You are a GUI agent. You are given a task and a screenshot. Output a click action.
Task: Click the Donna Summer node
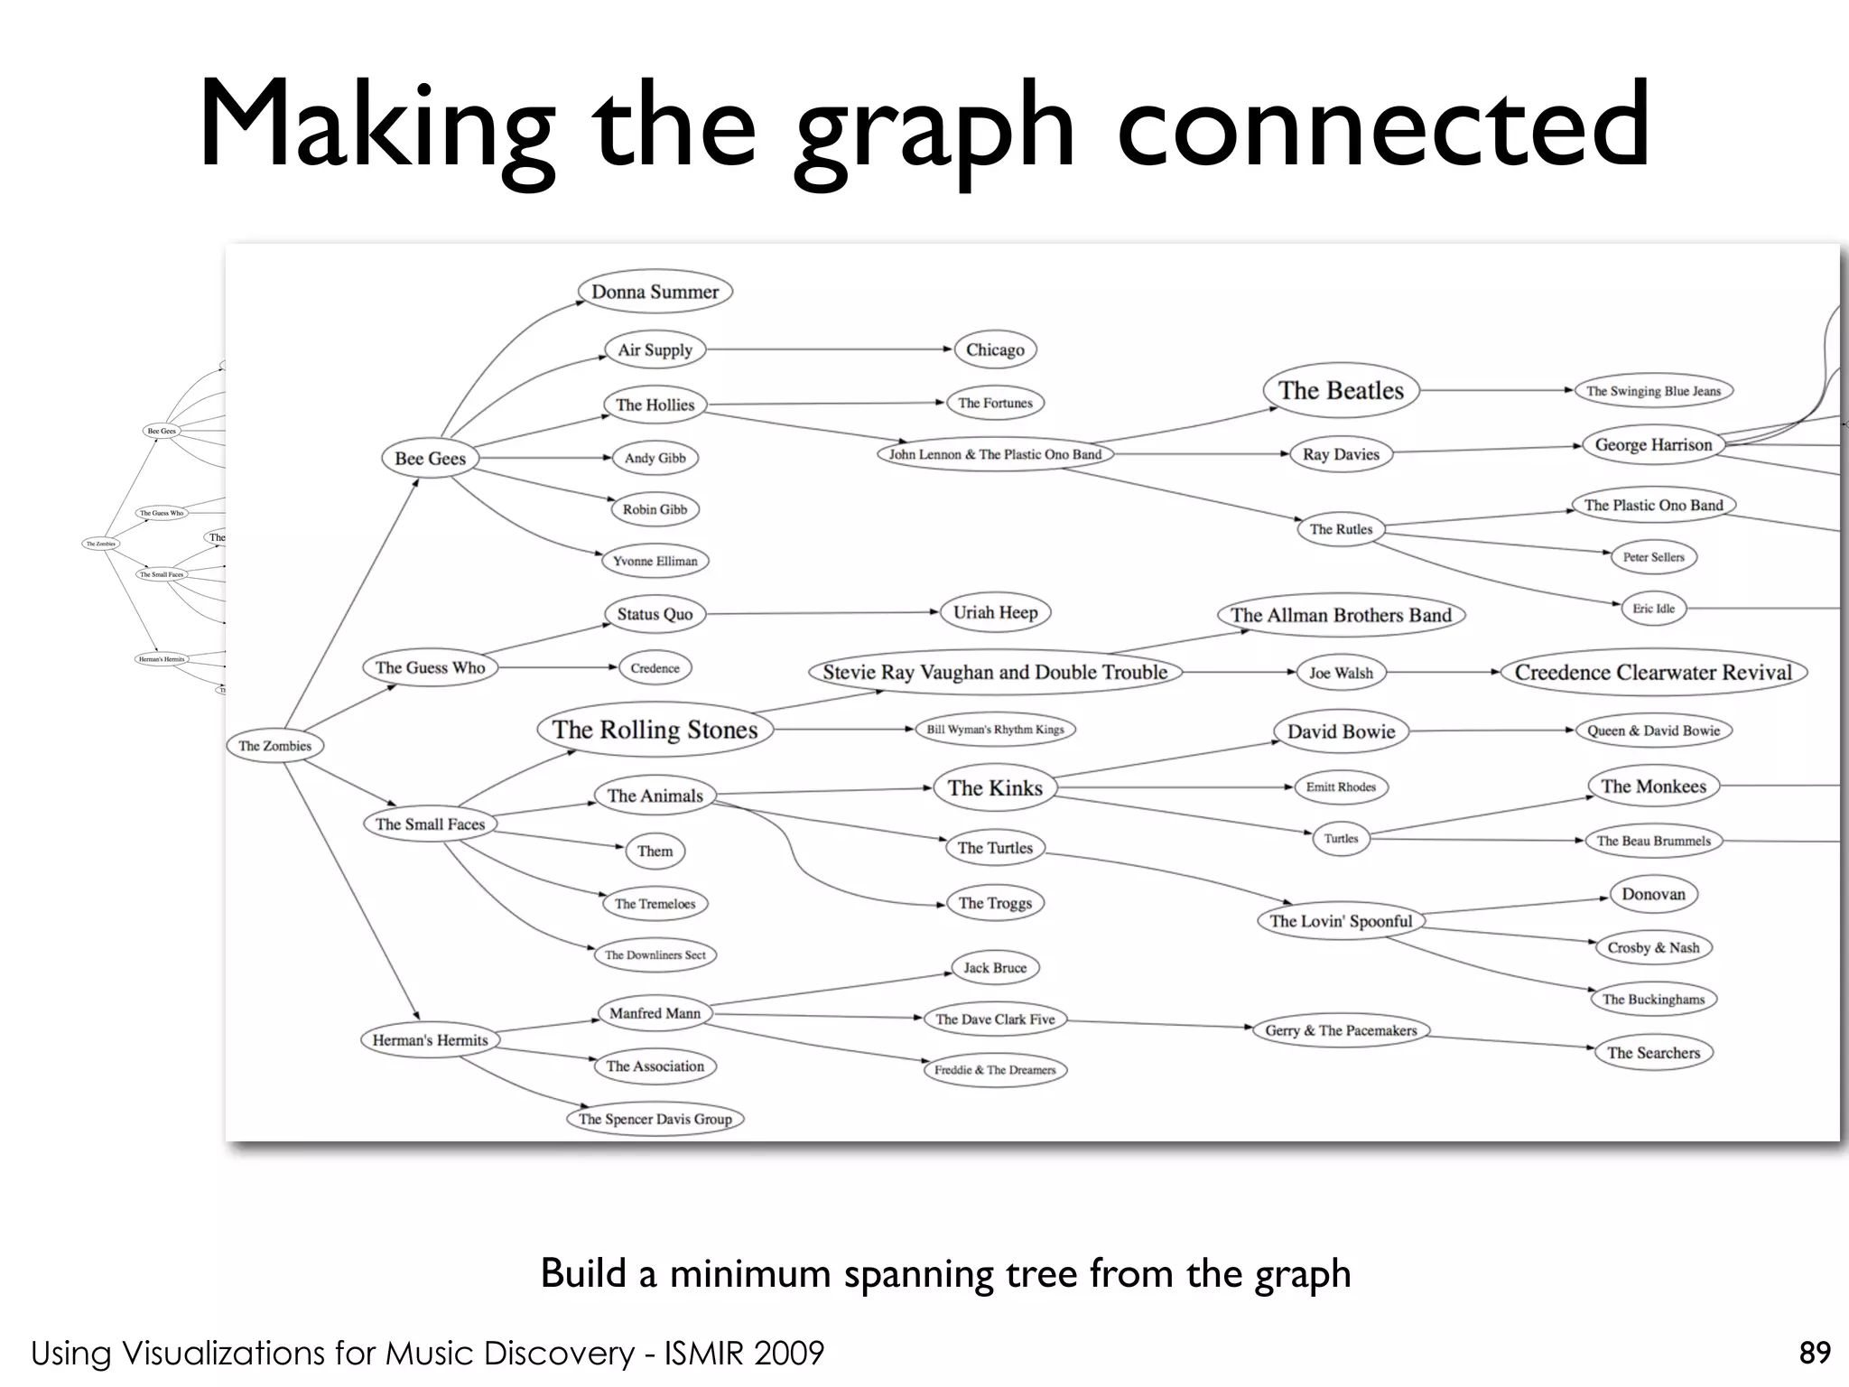(655, 292)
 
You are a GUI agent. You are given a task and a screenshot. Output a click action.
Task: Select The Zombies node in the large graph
(274, 746)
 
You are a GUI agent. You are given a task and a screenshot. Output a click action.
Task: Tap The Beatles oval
(1341, 390)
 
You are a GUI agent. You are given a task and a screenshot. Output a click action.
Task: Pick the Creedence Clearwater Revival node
(1653, 672)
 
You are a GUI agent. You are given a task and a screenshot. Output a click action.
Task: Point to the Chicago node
(995, 349)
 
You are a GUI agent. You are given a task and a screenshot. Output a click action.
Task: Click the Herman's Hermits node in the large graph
(430, 1039)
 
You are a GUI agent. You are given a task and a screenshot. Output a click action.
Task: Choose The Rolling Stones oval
(655, 730)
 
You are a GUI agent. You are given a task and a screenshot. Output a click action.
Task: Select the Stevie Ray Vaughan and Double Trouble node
(995, 672)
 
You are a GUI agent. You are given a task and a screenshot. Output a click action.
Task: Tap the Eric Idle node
(1653, 609)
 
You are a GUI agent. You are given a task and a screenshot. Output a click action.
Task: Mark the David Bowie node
(1341, 731)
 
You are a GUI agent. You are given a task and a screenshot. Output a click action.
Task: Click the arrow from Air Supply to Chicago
(831, 349)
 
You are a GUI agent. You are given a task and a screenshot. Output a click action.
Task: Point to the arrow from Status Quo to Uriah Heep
(822, 613)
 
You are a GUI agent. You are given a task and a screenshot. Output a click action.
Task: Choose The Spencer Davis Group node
(655, 1119)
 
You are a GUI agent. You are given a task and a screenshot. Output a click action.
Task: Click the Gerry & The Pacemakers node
(1341, 1030)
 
